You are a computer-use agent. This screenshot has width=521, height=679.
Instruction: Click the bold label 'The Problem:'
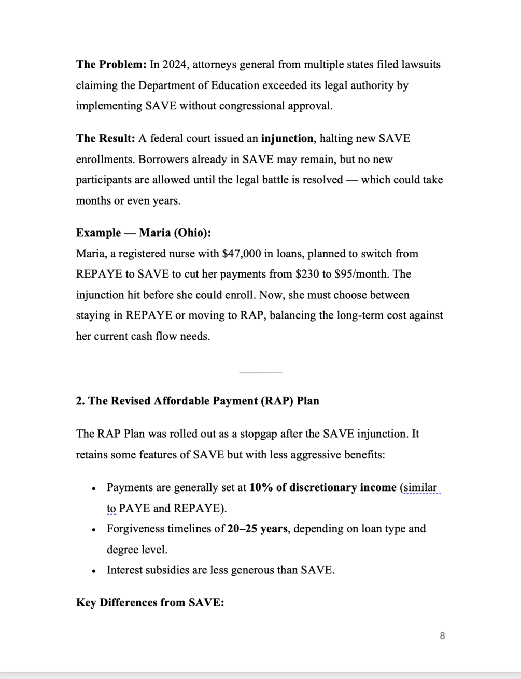pos(111,65)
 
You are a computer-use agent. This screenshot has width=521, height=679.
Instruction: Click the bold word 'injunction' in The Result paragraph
pos(287,139)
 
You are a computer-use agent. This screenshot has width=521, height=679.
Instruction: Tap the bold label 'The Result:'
pos(106,139)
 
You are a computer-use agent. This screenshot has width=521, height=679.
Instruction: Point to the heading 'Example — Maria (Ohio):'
pos(144,233)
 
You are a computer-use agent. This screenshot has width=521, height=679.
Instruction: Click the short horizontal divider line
pos(260,372)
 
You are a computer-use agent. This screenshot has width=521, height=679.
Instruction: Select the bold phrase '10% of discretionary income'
pos(322,488)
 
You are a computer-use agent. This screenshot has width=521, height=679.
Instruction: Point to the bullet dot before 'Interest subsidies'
pos(93,571)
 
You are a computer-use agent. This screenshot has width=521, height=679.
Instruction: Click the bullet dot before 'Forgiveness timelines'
pos(93,530)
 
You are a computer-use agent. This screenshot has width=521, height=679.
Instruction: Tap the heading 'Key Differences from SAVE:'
pos(150,603)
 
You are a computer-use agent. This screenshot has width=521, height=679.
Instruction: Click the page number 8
pos(442,636)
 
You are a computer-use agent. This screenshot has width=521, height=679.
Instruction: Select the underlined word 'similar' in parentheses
pos(420,488)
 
